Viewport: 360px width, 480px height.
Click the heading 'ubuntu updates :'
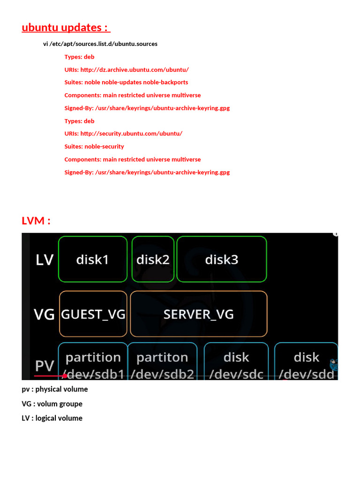point(66,28)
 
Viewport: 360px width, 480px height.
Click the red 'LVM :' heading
point(36,220)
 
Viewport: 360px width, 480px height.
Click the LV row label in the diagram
point(45,260)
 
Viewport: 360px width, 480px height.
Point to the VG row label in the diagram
point(44,315)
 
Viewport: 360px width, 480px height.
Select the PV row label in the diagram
point(45,366)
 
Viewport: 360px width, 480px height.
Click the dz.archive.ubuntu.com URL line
point(127,70)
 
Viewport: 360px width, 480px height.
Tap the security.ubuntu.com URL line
point(123,134)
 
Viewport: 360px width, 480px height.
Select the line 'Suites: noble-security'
point(94,146)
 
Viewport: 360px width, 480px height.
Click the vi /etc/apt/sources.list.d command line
point(100,44)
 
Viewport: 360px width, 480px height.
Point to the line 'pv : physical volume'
point(55,389)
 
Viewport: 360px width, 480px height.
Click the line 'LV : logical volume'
point(52,418)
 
